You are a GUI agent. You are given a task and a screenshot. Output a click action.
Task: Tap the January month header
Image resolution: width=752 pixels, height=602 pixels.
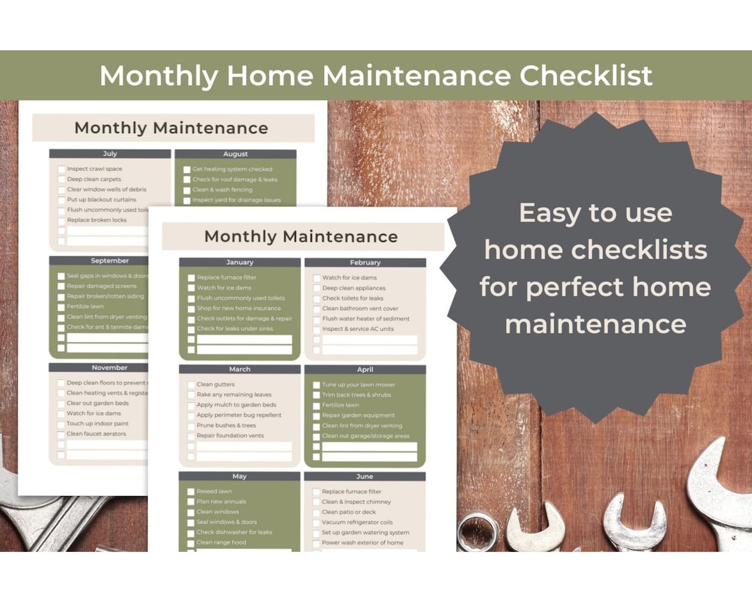click(240, 263)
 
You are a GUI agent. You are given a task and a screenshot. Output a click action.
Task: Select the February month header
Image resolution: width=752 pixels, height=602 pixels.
click(365, 263)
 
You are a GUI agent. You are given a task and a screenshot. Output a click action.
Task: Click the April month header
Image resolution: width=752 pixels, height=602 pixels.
click(365, 369)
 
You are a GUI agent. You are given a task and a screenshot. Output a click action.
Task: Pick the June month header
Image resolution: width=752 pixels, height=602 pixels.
click(365, 477)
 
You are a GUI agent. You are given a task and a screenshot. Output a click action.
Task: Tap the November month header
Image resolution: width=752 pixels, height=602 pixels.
click(109, 367)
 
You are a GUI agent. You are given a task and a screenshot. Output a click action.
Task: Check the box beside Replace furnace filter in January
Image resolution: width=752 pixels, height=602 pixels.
click(191, 277)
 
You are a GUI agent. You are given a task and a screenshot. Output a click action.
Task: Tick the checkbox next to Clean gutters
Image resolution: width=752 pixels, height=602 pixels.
click(191, 385)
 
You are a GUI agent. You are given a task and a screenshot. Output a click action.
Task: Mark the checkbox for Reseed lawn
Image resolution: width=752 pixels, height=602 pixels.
click(191, 491)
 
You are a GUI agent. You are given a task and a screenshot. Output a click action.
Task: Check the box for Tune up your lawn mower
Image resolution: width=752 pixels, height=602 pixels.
click(317, 385)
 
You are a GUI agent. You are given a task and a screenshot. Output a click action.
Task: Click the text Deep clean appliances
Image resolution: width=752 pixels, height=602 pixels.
click(353, 288)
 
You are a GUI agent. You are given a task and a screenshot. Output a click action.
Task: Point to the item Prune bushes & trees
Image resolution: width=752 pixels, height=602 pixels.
click(226, 425)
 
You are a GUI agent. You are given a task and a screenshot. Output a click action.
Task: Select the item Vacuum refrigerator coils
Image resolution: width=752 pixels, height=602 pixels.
click(357, 522)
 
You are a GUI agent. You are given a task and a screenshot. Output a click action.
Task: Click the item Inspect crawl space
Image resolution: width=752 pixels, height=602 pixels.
click(94, 169)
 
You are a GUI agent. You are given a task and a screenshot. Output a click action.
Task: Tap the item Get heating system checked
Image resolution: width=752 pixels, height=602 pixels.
click(232, 169)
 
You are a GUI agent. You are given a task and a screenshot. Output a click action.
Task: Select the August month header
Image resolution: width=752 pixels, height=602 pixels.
click(235, 154)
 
